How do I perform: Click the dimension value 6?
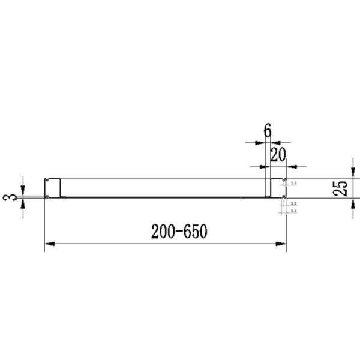click(267, 130)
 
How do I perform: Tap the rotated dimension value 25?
click(340, 188)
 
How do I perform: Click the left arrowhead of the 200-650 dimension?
click(50, 244)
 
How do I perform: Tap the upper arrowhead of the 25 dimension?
click(353, 173)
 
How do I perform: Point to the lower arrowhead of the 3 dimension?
click(23, 203)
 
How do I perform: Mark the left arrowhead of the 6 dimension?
click(260, 143)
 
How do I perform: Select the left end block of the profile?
click(53, 187)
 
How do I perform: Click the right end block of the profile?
click(277, 187)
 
